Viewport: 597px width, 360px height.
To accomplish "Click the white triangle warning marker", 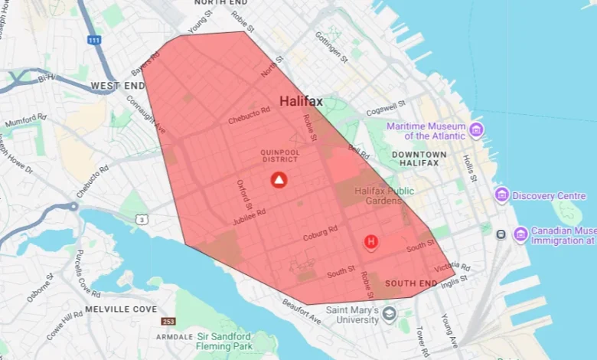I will (x=279, y=181).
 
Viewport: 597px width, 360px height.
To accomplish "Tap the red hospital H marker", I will (x=371, y=243).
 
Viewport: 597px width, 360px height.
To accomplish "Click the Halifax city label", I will (x=301, y=101).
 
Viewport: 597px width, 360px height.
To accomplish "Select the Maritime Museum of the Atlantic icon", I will (x=477, y=129).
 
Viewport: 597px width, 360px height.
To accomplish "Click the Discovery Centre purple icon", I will (x=501, y=195).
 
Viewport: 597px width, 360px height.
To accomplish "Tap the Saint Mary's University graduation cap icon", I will (x=390, y=313).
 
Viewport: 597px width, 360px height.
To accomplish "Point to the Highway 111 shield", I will (x=93, y=40).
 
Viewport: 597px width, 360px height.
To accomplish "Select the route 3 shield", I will (x=142, y=220).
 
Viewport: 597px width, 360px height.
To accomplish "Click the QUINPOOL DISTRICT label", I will (x=280, y=156).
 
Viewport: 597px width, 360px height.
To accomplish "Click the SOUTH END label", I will (x=411, y=283).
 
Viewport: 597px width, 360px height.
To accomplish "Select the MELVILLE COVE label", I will (x=121, y=309).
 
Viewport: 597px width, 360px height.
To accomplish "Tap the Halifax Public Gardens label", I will (x=384, y=196).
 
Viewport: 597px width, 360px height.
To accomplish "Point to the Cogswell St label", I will (x=387, y=110).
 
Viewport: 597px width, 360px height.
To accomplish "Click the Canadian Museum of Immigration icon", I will (x=520, y=234).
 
